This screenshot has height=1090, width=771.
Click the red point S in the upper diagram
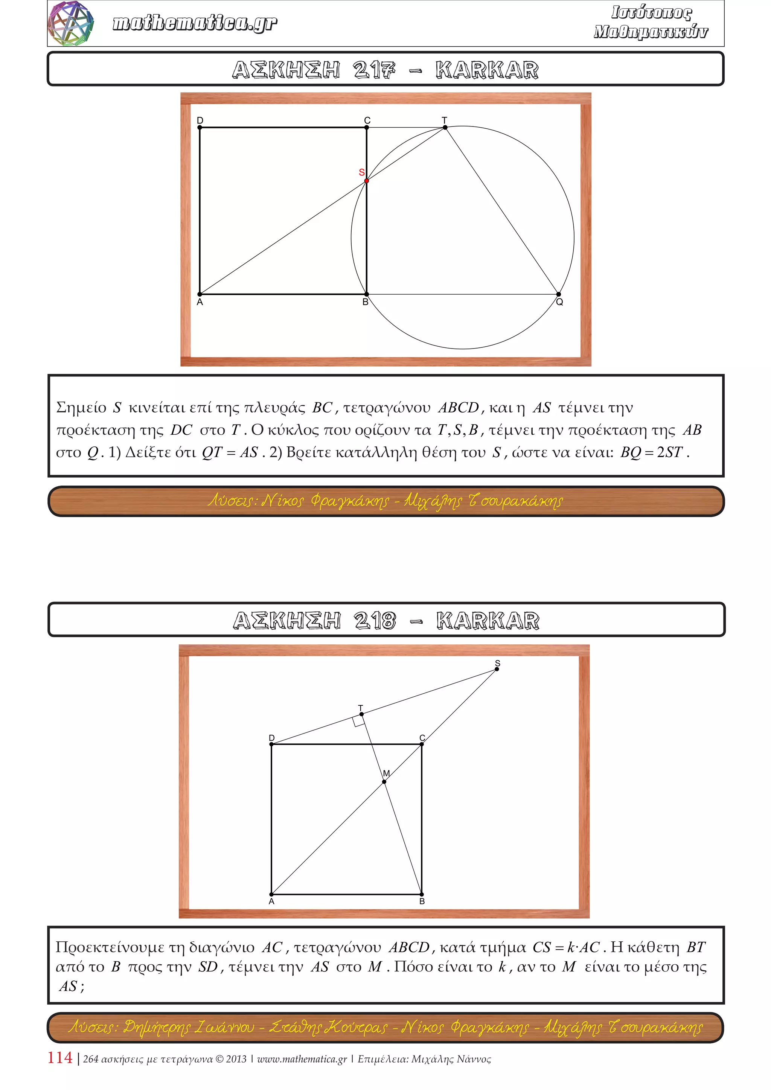367,181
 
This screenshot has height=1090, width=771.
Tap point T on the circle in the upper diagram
445,127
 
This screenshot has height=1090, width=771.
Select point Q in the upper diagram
559,294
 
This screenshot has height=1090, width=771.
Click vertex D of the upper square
200,127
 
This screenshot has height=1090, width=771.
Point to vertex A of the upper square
200,294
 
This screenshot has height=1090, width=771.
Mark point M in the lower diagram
384,782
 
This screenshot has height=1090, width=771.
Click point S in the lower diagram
497,669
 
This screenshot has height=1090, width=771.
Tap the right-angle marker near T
358,722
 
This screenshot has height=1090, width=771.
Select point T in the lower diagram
361,714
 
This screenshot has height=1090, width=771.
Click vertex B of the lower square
422,894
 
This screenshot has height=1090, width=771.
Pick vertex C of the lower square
422,744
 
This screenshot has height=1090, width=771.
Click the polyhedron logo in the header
71,23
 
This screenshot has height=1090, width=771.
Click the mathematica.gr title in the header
195,23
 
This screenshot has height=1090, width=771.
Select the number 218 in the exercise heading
375,621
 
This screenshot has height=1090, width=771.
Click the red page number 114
60,1058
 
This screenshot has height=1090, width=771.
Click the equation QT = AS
230,452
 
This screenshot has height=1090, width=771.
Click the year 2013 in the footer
236,1059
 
